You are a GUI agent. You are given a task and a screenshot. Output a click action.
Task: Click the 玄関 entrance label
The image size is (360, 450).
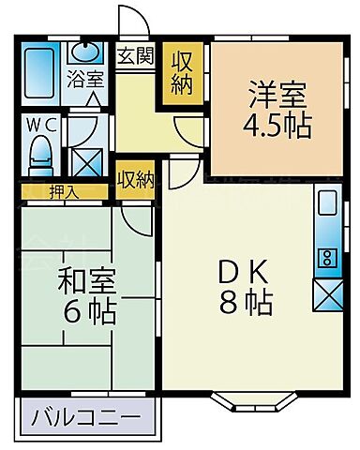(x=136, y=55)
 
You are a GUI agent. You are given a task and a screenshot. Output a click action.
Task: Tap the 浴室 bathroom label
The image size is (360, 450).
(x=85, y=79)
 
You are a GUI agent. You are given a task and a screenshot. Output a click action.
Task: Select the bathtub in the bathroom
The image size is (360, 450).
(x=39, y=73)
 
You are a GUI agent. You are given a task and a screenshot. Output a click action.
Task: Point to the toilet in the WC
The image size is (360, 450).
(x=40, y=157)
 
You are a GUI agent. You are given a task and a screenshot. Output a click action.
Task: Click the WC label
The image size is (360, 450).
(x=41, y=126)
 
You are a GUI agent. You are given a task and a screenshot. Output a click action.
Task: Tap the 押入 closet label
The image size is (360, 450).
(x=64, y=192)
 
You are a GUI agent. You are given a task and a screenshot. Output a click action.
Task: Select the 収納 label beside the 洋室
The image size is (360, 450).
(x=182, y=74)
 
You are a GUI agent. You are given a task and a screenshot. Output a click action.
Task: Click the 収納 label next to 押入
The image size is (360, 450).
(x=136, y=179)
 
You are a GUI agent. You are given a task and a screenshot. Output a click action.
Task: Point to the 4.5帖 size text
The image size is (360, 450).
(x=277, y=127)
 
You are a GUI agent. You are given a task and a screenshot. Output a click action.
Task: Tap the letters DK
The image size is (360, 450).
(x=243, y=271)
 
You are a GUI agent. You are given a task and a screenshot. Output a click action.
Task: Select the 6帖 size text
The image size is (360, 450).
(x=89, y=312)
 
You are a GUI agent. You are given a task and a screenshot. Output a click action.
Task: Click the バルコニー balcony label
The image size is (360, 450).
(x=85, y=417)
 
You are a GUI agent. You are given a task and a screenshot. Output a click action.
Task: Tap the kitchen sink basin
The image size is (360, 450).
(x=327, y=202)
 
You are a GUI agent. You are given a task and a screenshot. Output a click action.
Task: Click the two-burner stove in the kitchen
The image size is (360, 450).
(x=327, y=258)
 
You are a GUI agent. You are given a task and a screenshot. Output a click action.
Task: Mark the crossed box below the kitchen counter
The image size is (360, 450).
(x=327, y=295)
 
